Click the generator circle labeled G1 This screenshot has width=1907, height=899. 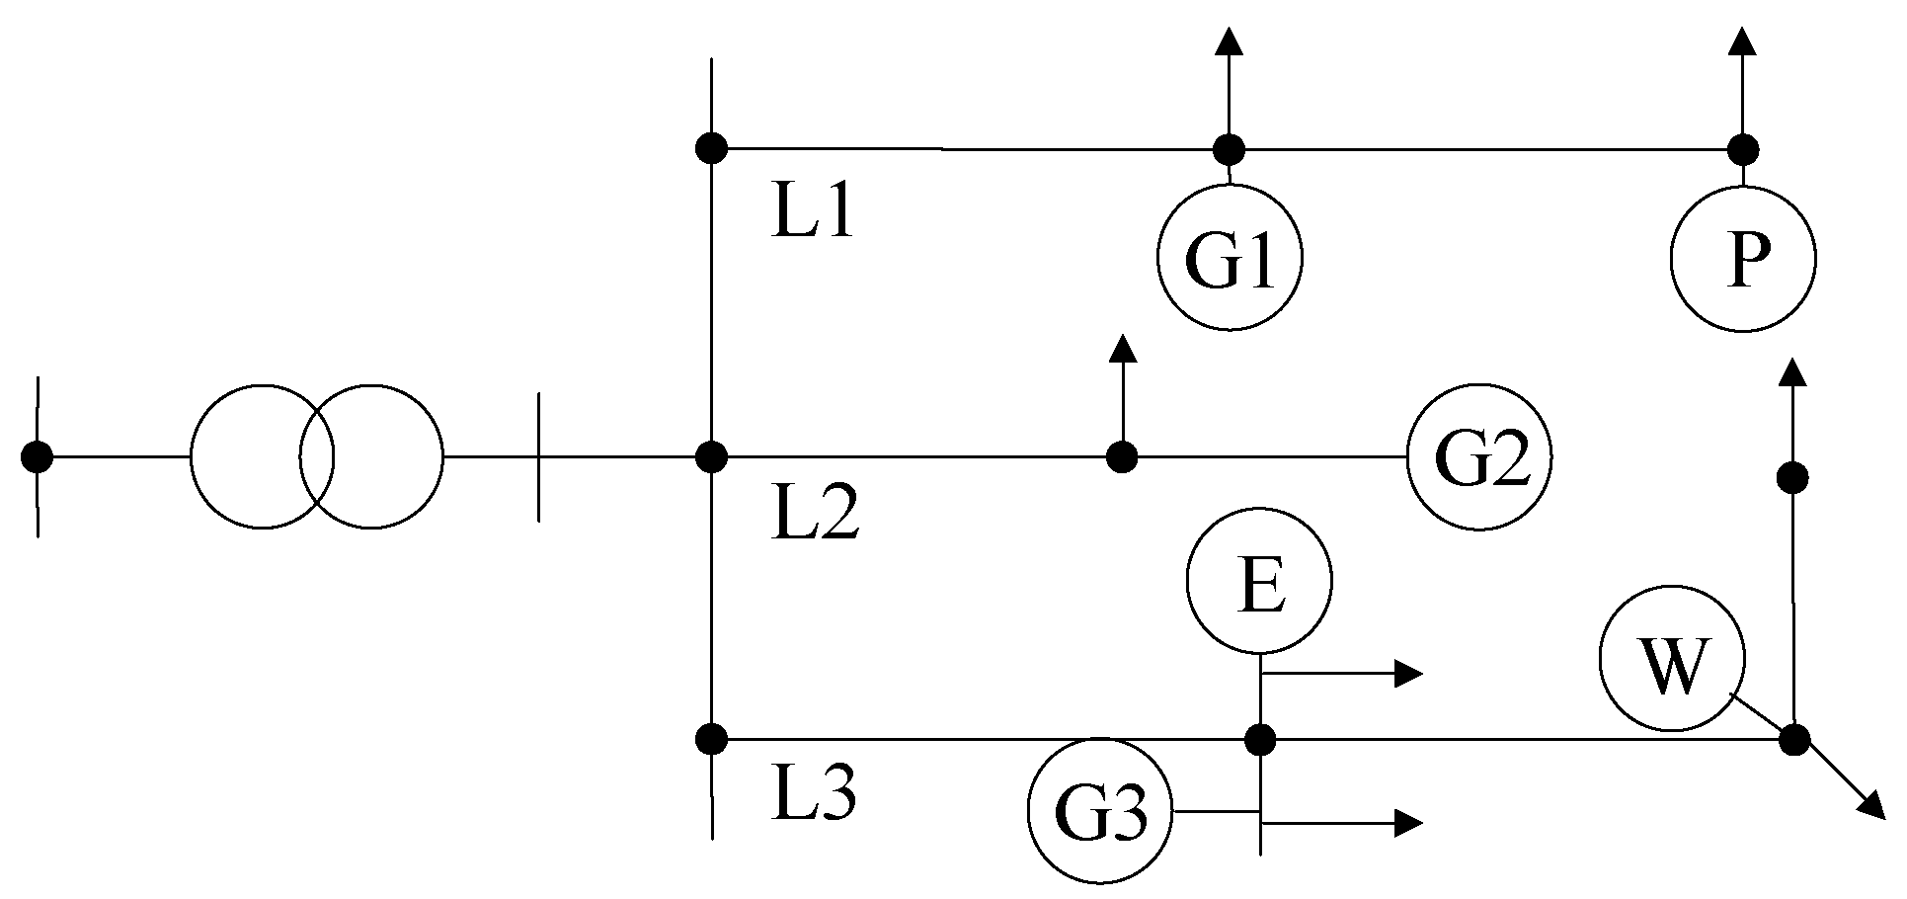pyautogui.click(x=1230, y=257)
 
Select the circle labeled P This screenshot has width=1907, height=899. pyautogui.click(x=1743, y=258)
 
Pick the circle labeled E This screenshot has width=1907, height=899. pyautogui.click(x=1259, y=581)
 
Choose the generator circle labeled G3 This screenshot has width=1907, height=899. pyautogui.click(x=1101, y=812)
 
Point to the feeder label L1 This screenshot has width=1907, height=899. pyautogui.click(x=812, y=215)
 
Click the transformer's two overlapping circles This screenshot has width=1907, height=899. pyautogui.click(x=316, y=457)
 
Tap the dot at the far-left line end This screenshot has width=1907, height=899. pyautogui.click(x=37, y=457)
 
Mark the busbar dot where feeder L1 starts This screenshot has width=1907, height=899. pyautogui.click(x=711, y=149)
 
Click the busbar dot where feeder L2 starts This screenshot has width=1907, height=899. pyautogui.click(x=711, y=457)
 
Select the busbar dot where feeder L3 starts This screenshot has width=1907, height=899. pyautogui.click(x=711, y=738)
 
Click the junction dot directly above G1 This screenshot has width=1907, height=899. pyautogui.click(x=1229, y=150)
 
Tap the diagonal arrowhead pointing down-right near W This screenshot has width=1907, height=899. pyautogui.click(x=1869, y=807)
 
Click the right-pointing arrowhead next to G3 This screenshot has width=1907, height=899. pyautogui.click(x=1408, y=822)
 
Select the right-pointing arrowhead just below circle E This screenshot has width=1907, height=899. pyautogui.click(x=1408, y=674)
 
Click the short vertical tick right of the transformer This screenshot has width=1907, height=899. pyautogui.click(x=538, y=457)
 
